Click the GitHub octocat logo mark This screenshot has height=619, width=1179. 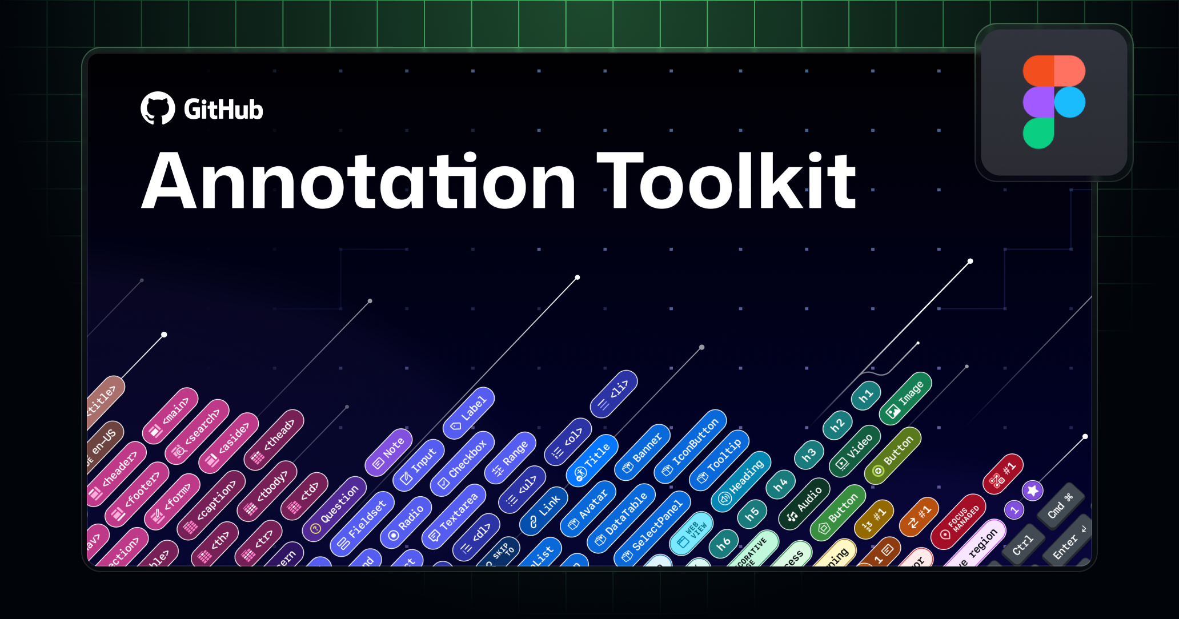pos(158,108)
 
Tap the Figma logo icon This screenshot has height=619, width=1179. pos(1054,102)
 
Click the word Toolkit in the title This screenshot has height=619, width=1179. pos(726,182)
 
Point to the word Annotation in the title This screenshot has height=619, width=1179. pos(358,182)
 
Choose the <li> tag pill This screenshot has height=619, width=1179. pos(614,393)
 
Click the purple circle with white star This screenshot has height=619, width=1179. pos(1033,491)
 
